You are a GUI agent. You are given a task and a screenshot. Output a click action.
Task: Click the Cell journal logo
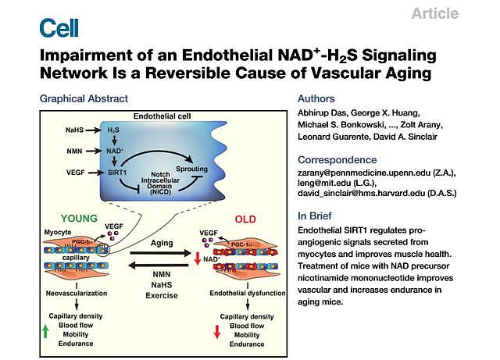tap(59, 28)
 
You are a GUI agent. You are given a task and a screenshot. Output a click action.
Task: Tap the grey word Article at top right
tap(434, 13)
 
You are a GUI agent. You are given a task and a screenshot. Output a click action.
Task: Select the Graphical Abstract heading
tap(84, 99)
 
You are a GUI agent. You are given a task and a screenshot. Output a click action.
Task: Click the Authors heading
tap(317, 99)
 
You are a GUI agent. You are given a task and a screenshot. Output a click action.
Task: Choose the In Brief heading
tap(317, 216)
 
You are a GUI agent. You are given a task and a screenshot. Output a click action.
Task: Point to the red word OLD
tap(245, 219)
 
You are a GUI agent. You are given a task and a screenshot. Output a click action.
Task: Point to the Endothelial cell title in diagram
tap(162, 116)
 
